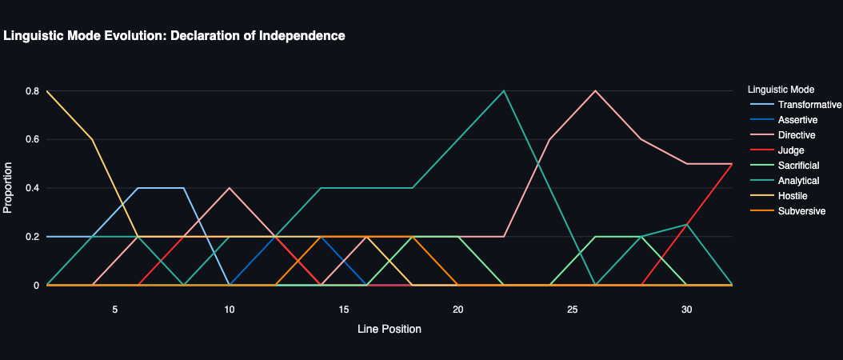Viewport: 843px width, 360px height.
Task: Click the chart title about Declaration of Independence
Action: tap(174, 36)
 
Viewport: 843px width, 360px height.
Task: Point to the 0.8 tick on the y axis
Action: tap(32, 91)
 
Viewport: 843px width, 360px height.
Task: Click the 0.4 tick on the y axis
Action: tap(32, 188)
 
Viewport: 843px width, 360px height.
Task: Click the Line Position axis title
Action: tap(390, 329)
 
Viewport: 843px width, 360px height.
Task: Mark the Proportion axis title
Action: tap(9, 188)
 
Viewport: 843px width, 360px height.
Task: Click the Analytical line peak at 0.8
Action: tap(504, 90)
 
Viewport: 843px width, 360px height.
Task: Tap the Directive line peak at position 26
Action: tap(595, 90)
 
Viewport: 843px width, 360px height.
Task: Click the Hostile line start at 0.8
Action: tap(47, 91)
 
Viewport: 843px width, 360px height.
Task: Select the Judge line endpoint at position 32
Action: tap(732, 164)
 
